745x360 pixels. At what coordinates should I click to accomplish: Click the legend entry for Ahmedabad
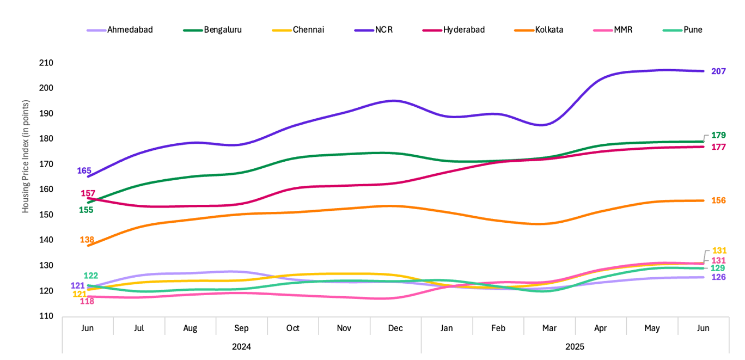[x=130, y=29]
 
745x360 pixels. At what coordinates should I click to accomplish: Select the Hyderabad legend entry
[x=463, y=29]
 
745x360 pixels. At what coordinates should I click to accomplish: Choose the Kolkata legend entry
[x=549, y=29]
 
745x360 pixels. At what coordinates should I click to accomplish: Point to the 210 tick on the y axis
[x=46, y=63]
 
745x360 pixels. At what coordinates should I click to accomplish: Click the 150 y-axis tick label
[x=46, y=215]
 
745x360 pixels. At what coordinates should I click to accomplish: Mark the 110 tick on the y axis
[x=46, y=316]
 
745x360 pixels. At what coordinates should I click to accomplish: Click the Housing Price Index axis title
[x=26, y=156]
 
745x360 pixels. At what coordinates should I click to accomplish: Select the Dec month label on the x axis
[x=395, y=328]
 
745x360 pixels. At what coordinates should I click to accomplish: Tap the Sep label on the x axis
[x=241, y=328]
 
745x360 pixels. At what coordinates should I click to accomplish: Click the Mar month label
[x=549, y=328]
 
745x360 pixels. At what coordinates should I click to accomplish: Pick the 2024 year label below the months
[x=241, y=346]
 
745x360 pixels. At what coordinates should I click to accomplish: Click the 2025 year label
[x=575, y=346]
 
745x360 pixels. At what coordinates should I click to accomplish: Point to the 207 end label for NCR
[x=718, y=71]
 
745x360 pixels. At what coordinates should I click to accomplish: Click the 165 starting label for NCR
[x=84, y=170]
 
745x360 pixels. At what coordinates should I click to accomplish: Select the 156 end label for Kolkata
[x=718, y=200]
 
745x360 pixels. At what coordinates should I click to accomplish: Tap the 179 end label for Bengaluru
[x=718, y=135]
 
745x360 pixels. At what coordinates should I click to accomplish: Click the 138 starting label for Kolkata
[x=87, y=240]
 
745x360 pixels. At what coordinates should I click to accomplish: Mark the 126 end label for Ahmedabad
[x=718, y=277]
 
